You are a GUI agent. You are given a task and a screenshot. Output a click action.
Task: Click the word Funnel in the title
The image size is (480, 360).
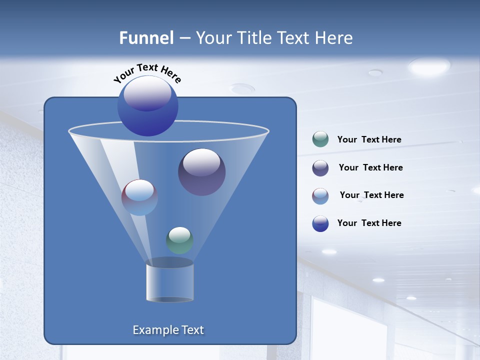146,38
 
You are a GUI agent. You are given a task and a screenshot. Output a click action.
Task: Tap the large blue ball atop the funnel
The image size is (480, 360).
147,105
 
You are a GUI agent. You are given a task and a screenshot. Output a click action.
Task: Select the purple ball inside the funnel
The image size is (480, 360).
201,172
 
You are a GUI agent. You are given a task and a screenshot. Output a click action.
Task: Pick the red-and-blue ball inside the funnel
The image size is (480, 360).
139,197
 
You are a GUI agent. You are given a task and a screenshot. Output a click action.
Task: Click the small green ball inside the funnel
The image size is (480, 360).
179,240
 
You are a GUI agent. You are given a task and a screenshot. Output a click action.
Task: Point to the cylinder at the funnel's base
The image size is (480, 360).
169,283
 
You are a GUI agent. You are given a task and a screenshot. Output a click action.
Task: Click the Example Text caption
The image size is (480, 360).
168,330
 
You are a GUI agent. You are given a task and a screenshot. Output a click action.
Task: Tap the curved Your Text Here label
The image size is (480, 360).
147,73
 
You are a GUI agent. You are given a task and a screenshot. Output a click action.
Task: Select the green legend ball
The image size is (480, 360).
320,139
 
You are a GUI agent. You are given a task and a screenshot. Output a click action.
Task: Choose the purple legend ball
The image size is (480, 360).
320,168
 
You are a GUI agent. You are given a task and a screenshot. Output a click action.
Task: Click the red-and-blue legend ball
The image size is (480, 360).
320,196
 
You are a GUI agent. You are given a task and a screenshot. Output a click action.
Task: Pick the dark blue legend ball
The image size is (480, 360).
320,223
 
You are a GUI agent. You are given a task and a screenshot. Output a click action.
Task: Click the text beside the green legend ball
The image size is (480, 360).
369,139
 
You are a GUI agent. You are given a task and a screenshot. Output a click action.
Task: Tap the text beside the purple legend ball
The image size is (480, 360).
370,167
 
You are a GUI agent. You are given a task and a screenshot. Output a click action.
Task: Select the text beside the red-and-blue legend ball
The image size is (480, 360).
371,195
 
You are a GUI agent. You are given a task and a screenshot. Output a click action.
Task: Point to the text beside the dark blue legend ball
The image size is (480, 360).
369,223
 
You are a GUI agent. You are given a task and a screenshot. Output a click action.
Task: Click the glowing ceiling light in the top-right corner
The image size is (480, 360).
429,66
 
